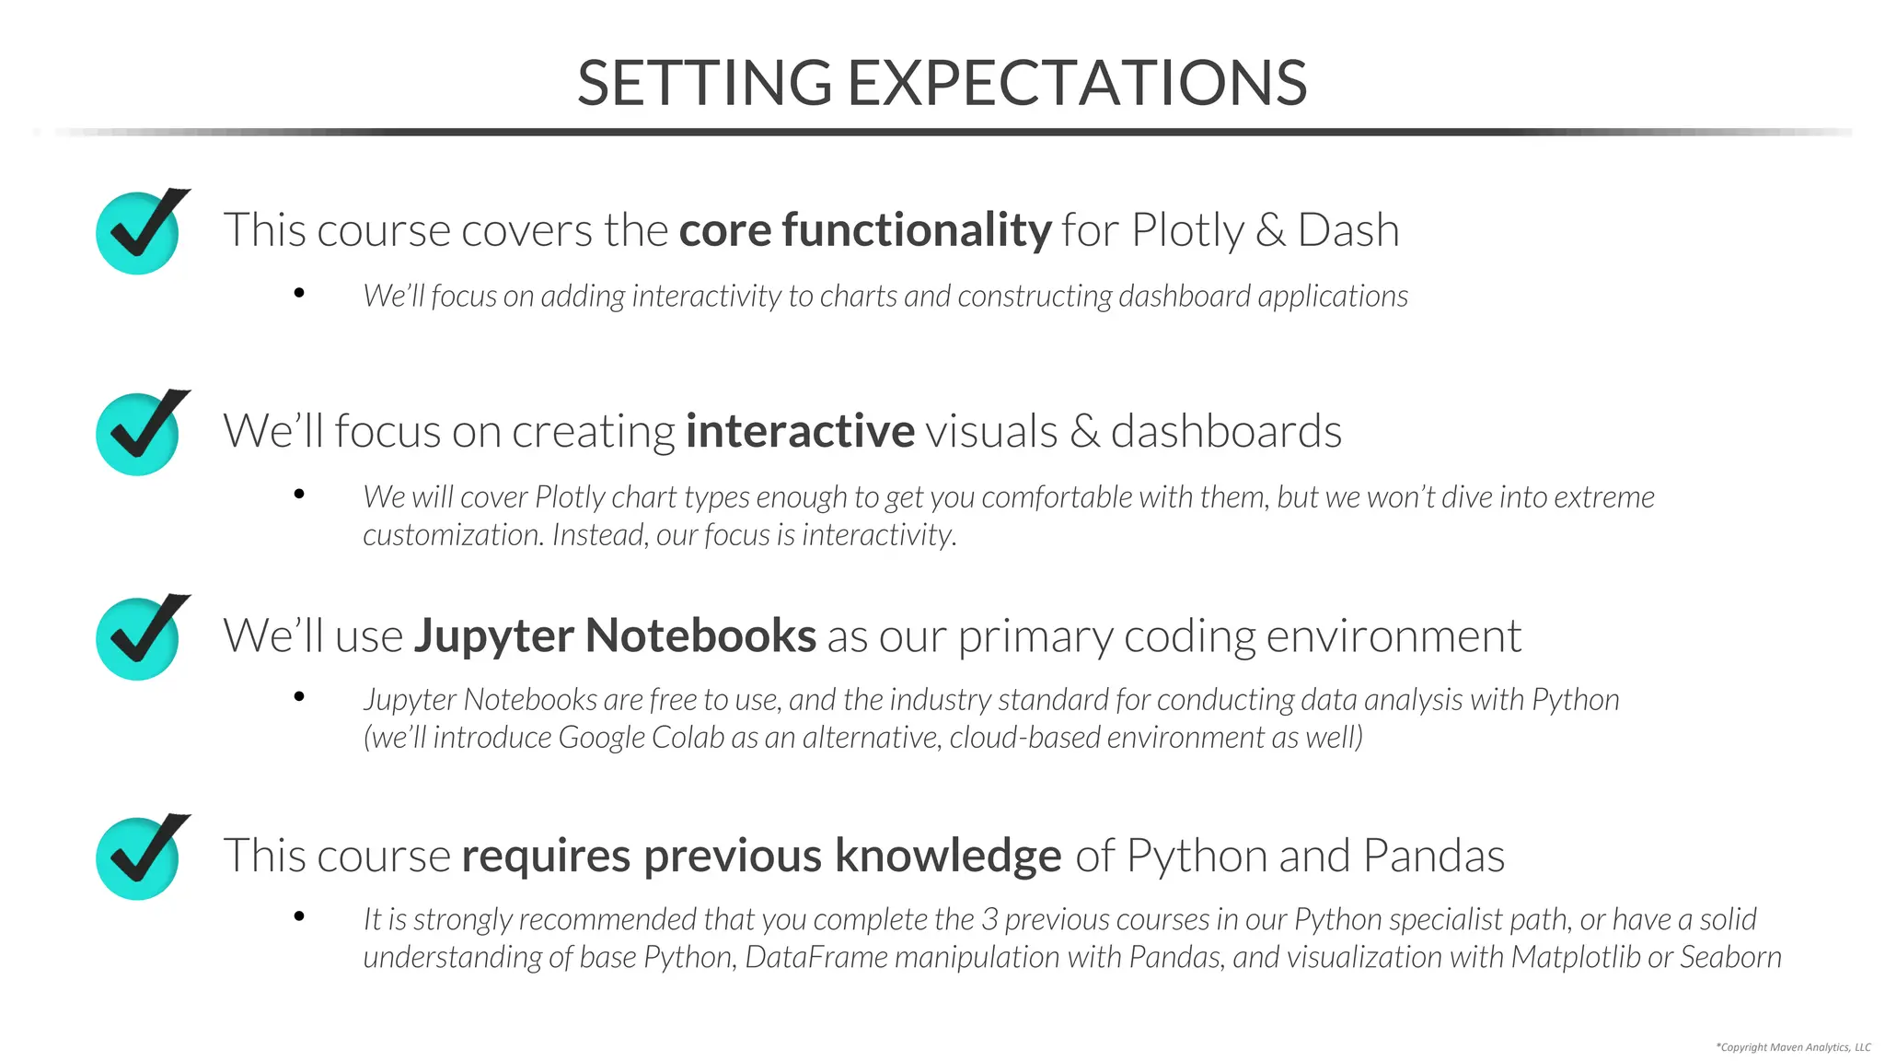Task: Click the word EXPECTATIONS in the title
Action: pyautogui.click(x=1076, y=83)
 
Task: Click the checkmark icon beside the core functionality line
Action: pyautogui.click(x=139, y=232)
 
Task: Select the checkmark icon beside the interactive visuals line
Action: pyautogui.click(x=139, y=433)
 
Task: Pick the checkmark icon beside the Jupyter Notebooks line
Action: pyautogui.click(x=139, y=637)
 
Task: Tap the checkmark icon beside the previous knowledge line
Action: pyautogui.click(x=139, y=857)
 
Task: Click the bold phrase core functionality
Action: pyautogui.click(x=865, y=229)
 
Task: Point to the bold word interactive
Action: pyautogui.click(x=800, y=431)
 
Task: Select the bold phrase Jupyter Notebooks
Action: pyautogui.click(x=615, y=635)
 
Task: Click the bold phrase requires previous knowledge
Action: pyautogui.click(x=761, y=856)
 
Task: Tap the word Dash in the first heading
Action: pyautogui.click(x=1347, y=229)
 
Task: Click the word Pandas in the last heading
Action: pyautogui.click(x=1433, y=856)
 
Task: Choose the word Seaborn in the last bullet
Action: pyautogui.click(x=1730, y=957)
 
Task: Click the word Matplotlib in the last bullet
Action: pyautogui.click(x=1576, y=957)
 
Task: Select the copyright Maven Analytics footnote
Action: pyautogui.click(x=1793, y=1047)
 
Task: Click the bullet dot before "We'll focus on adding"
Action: pyautogui.click(x=299, y=293)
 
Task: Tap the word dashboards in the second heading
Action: pyautogui.click(x=1226, y=431)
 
